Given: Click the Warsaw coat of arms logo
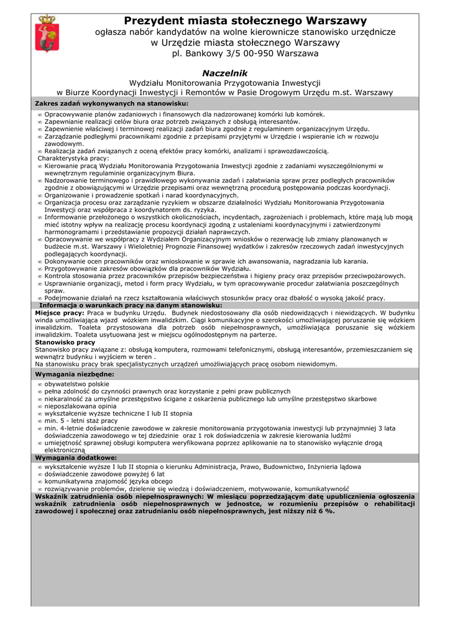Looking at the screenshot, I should tap(45, 34).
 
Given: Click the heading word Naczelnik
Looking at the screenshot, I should tap(225, 73).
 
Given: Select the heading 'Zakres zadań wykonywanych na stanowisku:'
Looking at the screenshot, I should tap(112, 103).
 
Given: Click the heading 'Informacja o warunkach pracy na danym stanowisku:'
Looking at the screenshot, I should tap(131, 305).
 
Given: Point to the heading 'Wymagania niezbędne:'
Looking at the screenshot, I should tap(75, 374).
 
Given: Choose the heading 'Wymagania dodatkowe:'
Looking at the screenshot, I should tap(76, 457).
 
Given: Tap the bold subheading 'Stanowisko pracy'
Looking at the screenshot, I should tap(65, 342).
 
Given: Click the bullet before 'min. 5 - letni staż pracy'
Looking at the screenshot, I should tap(40, 421).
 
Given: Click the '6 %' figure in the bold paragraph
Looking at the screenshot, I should tap(326, 511).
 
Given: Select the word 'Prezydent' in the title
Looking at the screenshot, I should tap(158, 21).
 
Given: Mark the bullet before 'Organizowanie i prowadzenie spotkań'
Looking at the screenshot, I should tap(40, 195).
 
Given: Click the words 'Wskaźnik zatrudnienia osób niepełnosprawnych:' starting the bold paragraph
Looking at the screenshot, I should tap(119, 496).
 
